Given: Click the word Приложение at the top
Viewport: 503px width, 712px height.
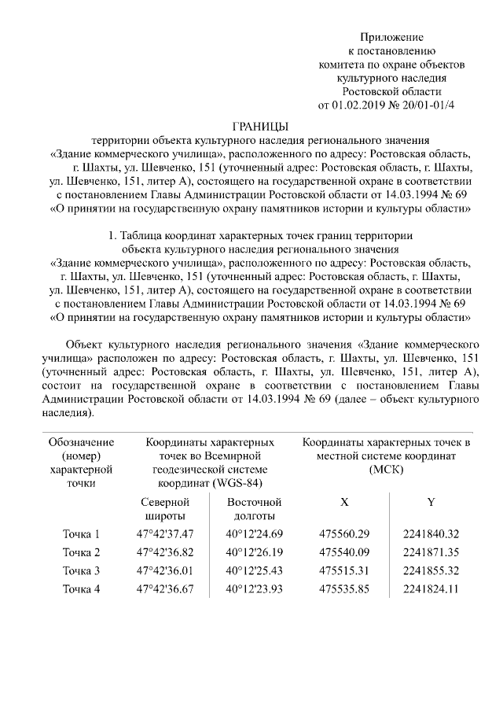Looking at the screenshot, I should coord(391,37).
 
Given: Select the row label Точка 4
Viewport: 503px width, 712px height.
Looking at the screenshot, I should coord(81,588).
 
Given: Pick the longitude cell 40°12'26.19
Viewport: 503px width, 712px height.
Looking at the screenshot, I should coord(254,553).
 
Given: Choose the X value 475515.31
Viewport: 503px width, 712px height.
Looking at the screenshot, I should coord(344,570).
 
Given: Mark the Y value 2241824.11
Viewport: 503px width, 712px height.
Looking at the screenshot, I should coord(429,588).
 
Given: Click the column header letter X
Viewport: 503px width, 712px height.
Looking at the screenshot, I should coord(344,502).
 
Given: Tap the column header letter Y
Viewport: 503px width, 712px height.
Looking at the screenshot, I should coord(430,502).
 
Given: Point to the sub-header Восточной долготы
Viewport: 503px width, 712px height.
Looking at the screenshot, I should coord(254,509).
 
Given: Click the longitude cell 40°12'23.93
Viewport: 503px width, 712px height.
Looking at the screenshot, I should coord(254,588).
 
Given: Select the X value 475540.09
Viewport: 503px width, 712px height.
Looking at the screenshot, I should coord(344,553).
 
